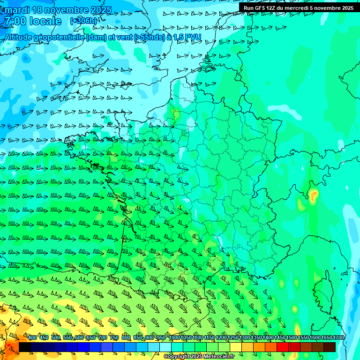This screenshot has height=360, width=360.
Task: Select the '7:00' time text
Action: click(14, 21)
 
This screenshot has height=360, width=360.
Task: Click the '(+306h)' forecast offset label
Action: click(84, 21)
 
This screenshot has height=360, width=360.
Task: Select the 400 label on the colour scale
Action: click(32, 338)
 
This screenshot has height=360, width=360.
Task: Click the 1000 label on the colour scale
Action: click(174, 338)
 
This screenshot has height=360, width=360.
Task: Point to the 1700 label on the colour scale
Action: click(338, 338)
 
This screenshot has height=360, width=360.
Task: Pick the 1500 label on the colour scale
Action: click(292, 338)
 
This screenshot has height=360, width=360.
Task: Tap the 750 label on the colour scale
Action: click(114, 338)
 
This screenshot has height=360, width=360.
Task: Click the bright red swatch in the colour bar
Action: click(283, 347)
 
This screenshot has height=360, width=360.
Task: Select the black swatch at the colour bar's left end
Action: click(24, 347)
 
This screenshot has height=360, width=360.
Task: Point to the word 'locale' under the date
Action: click(45, 21)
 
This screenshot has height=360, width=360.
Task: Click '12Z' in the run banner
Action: click(272, 7)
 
